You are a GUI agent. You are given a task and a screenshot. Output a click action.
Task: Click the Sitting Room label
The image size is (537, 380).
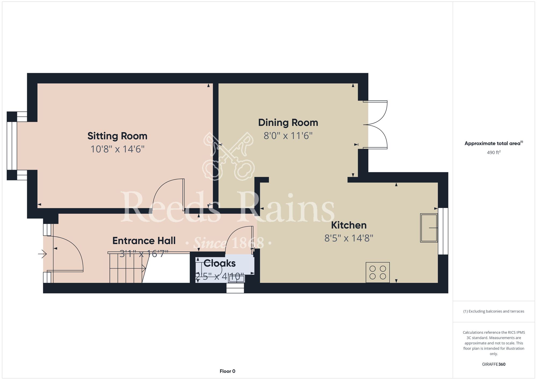tap(117, 136)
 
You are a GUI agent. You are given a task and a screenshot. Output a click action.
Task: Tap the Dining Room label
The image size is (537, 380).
tap(288, 123)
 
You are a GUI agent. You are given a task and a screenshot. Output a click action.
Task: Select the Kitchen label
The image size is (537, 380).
tap(349, 225)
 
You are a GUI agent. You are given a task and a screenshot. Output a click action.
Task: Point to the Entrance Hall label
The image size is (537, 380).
tap(144, 241)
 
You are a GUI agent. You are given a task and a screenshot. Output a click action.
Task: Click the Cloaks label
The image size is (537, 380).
tap(220, 263)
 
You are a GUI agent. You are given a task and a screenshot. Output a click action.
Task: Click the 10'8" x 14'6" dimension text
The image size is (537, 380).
tap(117, 149)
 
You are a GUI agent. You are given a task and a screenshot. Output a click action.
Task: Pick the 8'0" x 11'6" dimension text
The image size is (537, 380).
tap(288, 136)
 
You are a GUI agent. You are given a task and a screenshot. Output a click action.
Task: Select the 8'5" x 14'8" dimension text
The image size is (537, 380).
tap(349, 238)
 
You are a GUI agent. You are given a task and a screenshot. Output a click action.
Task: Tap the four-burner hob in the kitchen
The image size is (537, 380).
tap(378, 272)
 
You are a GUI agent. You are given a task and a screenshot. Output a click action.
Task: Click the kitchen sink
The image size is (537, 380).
tap(429, 228)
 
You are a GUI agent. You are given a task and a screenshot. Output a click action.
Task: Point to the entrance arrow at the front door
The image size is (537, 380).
tap(42, 254)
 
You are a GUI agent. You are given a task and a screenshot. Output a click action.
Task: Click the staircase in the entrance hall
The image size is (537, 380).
tap(127, 267)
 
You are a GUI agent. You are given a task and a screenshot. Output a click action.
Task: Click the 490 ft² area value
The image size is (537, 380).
tap(494, 153)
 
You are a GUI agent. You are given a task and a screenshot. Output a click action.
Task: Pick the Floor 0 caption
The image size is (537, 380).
tap(227, 371)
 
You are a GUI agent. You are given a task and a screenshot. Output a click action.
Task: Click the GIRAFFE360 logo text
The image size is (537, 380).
tap(494, 364)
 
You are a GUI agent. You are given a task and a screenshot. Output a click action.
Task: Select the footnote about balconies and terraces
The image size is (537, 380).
tap(494, 311)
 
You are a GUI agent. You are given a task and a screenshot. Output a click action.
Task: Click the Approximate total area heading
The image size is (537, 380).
tap(494, 143)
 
